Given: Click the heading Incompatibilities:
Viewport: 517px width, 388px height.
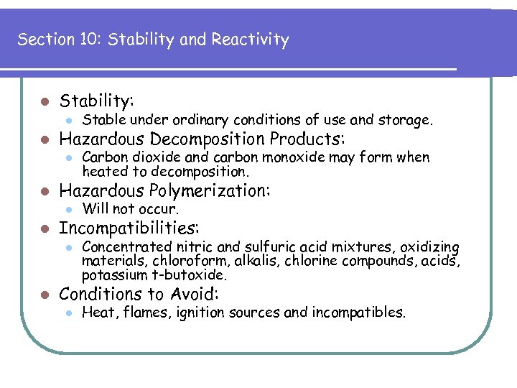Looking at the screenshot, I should (129, 228).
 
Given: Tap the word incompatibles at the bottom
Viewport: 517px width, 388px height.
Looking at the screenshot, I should (363, 313).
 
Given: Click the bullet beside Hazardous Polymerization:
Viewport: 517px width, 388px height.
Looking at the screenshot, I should (45, 191).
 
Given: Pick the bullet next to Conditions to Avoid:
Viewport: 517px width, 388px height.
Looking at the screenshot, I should (45, 295).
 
